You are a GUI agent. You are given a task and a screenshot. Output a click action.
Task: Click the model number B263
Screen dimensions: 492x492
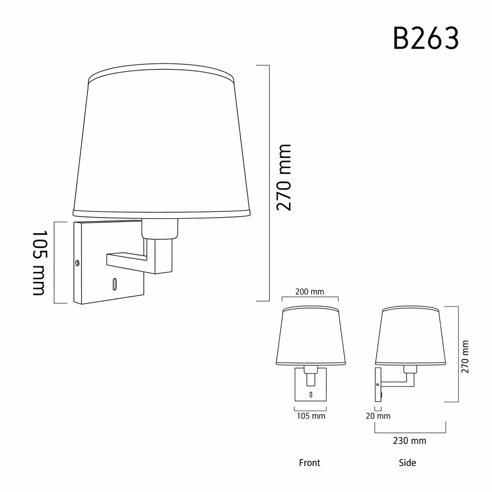426,38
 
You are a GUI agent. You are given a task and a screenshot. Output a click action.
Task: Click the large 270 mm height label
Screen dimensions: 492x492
284,177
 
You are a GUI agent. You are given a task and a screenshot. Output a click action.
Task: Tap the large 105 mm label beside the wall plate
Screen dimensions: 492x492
40,263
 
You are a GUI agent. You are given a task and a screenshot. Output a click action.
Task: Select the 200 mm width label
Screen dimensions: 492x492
309,292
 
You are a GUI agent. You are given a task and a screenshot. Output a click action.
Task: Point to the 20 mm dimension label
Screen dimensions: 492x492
378,416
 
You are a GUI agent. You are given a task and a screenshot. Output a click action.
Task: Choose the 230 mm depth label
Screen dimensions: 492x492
409,441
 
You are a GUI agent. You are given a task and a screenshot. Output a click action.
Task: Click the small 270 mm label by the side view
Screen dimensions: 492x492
465,357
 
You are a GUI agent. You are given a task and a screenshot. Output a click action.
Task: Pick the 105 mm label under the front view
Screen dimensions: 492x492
311,416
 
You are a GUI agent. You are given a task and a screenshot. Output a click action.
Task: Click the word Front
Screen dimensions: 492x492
309,463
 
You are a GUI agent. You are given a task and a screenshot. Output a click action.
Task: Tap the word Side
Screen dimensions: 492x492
407,463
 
